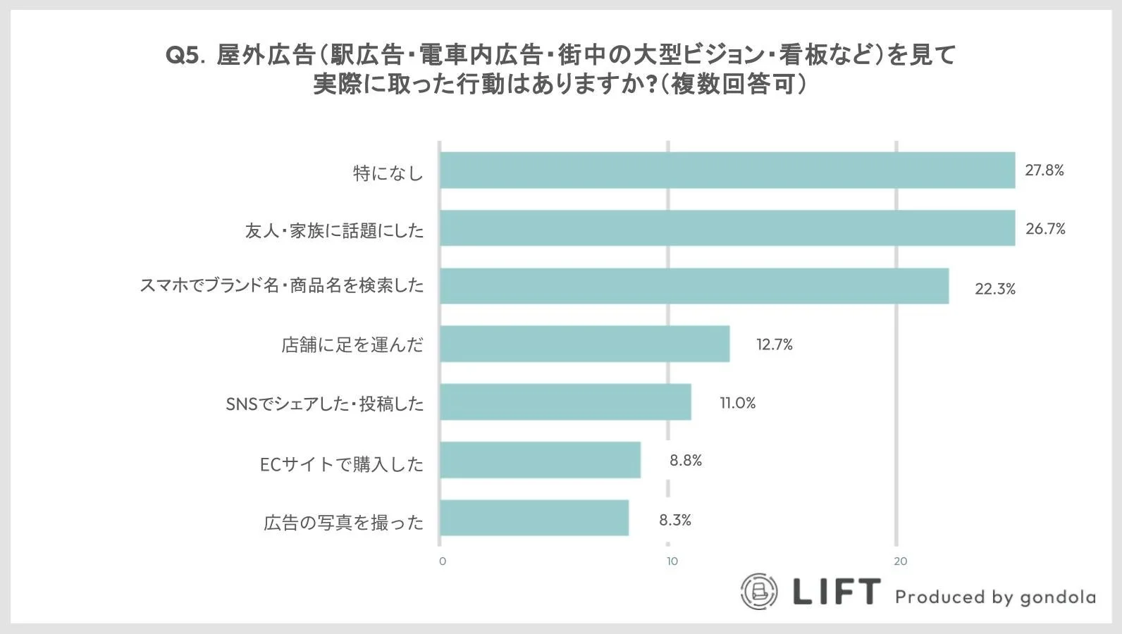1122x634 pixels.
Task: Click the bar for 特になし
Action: click(x=727, y=170)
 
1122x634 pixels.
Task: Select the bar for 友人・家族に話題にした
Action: click(x=727, y=228)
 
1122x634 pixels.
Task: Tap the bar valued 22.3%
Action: click(x=694, y=286)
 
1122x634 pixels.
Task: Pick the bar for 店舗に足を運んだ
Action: click(x=585, y=344)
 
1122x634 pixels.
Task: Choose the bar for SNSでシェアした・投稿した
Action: click(x=565, y=402)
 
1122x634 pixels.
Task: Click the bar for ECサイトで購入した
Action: click(x=541, y=460)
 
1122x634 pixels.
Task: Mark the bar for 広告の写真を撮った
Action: click(x=534, y=518)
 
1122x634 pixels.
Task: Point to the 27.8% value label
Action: click(x=1044, y=170)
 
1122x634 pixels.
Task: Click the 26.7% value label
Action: click(x=1044, y=229)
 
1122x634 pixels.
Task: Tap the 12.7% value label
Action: click(x=774, y=344)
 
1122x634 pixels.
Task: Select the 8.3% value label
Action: click(x=674, y=520)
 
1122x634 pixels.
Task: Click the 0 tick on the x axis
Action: click(x=443, y=561)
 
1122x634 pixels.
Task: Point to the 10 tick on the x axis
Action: click(x=672, y=561)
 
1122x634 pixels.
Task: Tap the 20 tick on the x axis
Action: click(x=900, y=561)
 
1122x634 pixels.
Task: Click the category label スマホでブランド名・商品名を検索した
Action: click(x=282, y=286)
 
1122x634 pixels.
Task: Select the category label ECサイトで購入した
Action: click(x=342, y=464)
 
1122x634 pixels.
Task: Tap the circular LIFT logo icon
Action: click(x=759, y=591)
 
